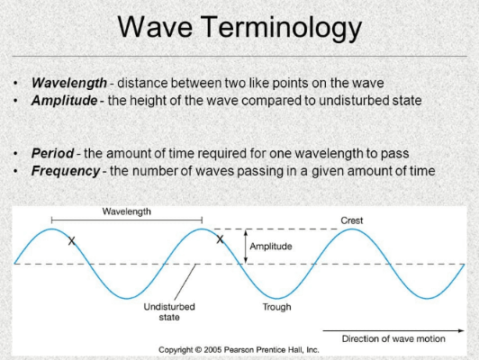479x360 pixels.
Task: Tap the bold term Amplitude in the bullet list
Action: [x=64, y=100]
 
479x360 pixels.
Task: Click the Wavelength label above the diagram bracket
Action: [x=126, y=211]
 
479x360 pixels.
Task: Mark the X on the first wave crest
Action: [x=72, y=240]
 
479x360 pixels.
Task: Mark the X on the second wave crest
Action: [x=219, y=239]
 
